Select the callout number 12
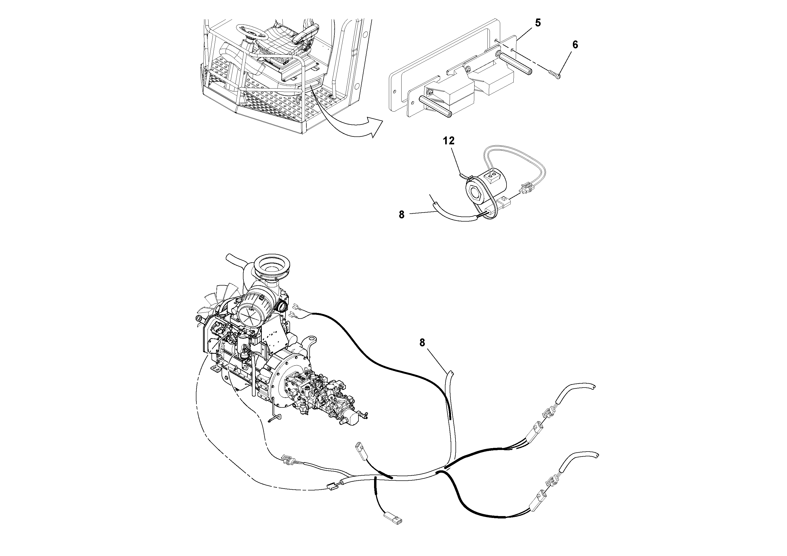click(x=449, y=141)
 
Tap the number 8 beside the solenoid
click(x=401, y=215)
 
